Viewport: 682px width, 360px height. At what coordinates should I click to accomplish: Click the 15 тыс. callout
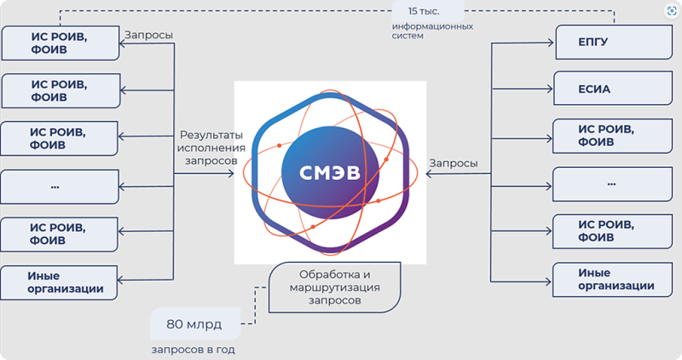427,12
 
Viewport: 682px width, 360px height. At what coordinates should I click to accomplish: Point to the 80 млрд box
195,323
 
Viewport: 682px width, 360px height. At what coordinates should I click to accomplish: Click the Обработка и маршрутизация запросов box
335,287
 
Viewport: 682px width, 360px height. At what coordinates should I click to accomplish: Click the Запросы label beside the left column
147,35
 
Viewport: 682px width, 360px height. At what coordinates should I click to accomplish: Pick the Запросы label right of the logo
454,163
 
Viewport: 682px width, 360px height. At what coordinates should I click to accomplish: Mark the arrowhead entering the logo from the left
231,174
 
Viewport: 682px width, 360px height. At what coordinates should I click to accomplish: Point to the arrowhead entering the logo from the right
428,174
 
